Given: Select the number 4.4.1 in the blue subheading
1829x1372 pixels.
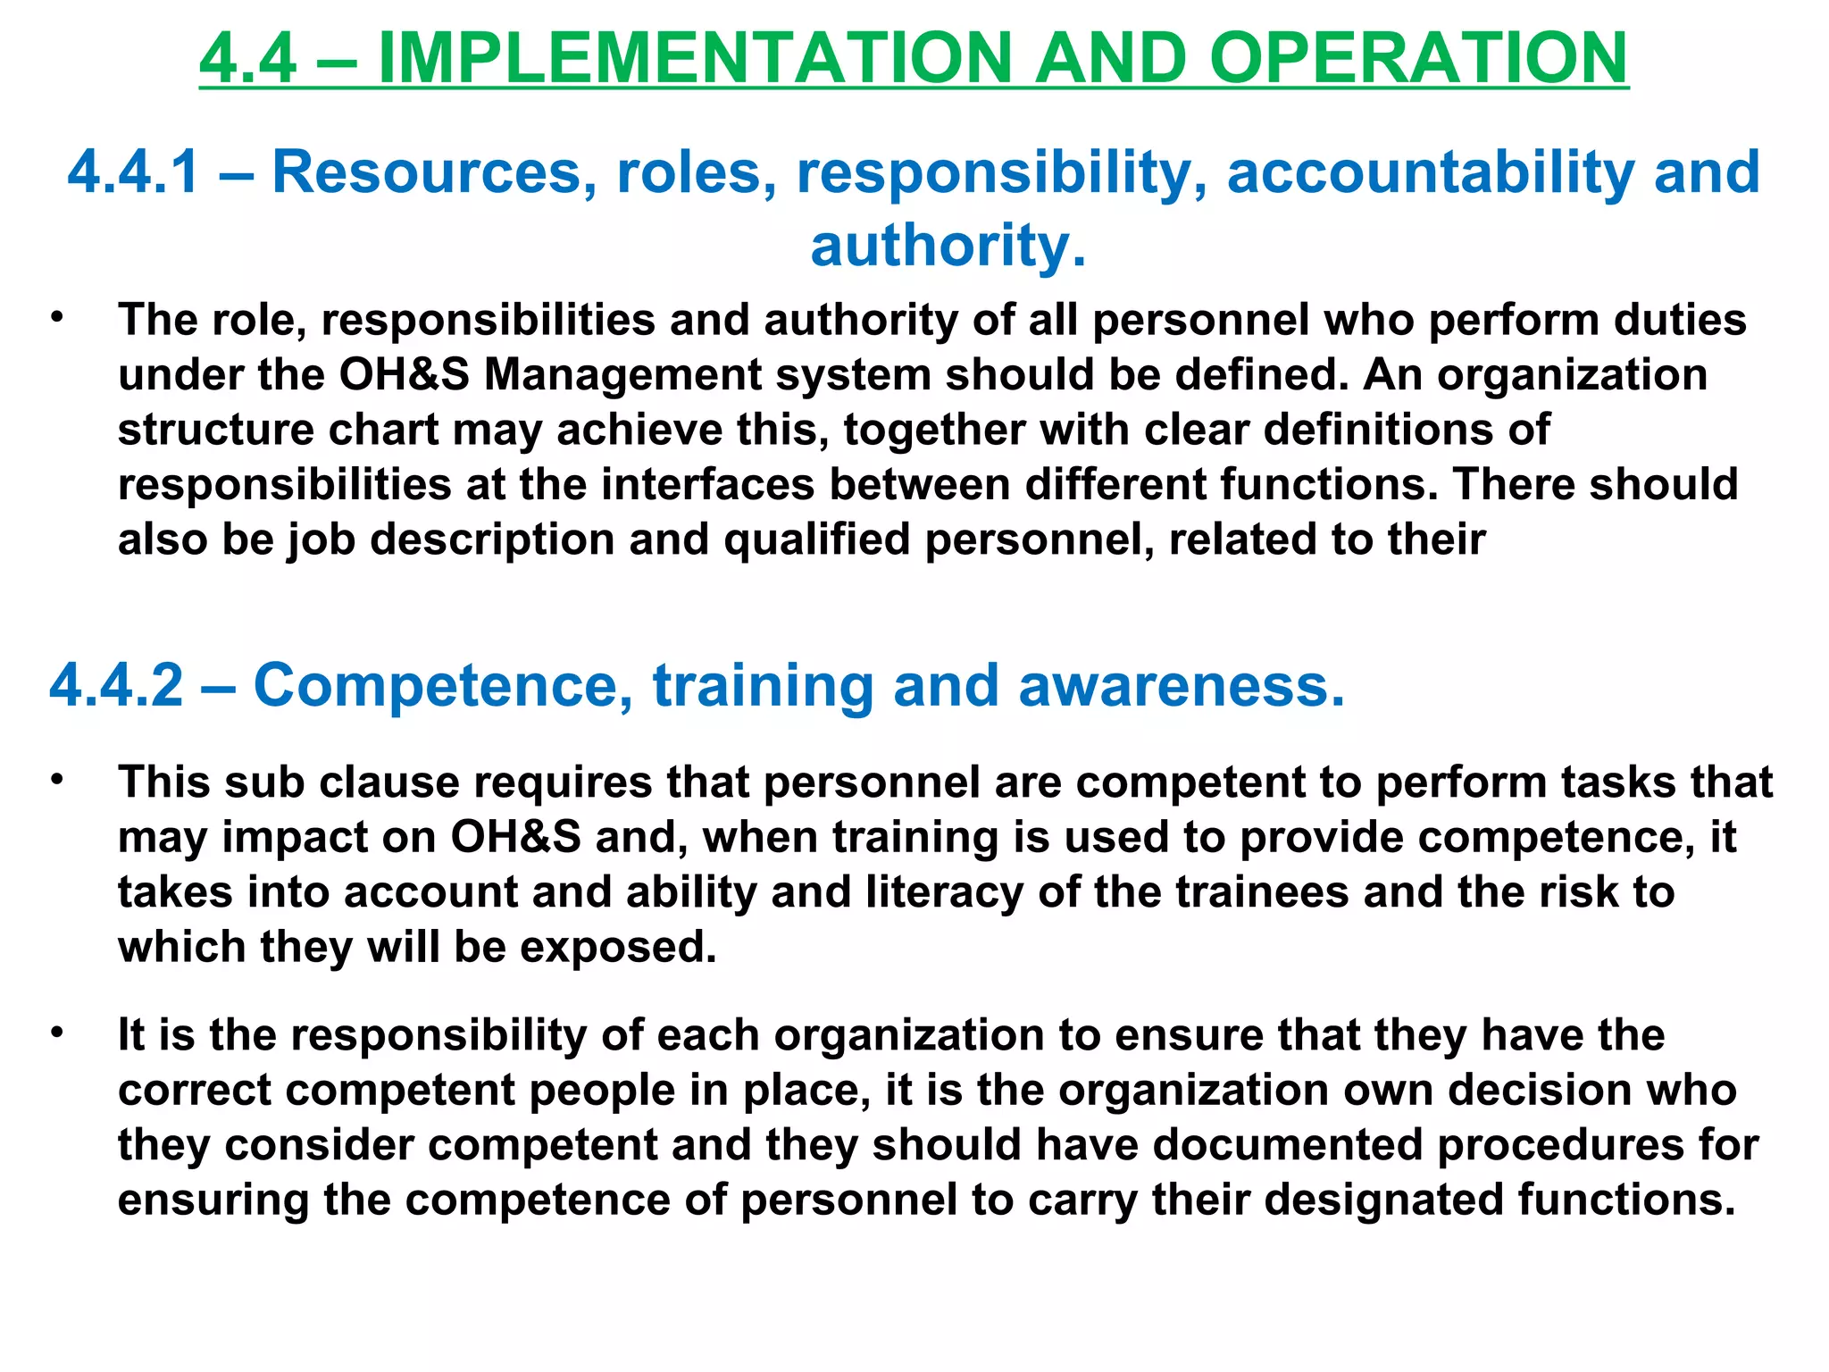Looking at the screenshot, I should coord(133,171).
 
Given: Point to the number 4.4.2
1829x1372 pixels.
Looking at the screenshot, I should coord(116,685).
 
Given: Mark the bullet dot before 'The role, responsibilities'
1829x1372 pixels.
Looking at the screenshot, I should coord(58,317).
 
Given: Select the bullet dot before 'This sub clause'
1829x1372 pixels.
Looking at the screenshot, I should coord(58,779).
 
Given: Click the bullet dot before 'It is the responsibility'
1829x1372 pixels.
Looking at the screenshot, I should coord(58,1033).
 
